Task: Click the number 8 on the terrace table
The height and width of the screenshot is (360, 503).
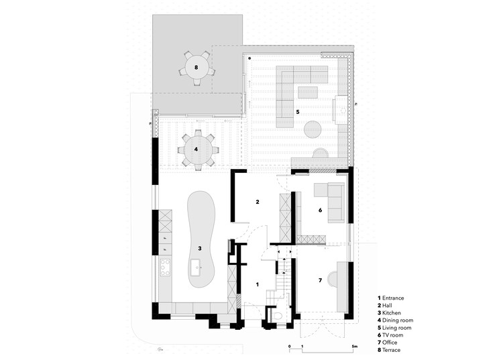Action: pos(197,67)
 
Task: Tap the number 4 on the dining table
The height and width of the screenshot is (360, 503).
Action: pos(196,149)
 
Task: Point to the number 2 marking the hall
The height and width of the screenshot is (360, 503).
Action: pos(256,201)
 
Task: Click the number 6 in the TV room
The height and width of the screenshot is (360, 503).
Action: pos(320,211)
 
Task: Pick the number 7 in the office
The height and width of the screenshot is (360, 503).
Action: pos(320,280)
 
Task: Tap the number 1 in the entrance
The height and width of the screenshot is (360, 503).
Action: pos(257,284)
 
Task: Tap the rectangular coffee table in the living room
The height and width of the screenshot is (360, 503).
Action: pos(308,92)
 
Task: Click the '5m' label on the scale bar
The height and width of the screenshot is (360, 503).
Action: pos(353,347)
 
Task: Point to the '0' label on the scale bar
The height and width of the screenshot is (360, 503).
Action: pos(290,347)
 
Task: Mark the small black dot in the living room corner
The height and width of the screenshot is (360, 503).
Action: pos(249,58)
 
